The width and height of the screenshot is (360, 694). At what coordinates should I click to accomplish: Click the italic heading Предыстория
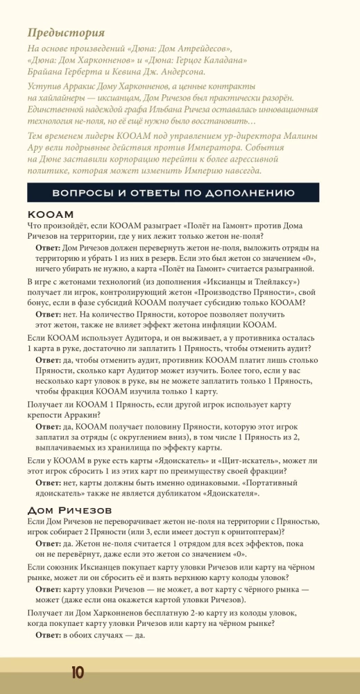point(66,33)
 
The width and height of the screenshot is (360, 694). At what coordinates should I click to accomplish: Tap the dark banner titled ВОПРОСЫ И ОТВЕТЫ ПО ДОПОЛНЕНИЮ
point(173,192)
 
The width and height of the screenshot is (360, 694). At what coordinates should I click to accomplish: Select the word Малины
point(305,135)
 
